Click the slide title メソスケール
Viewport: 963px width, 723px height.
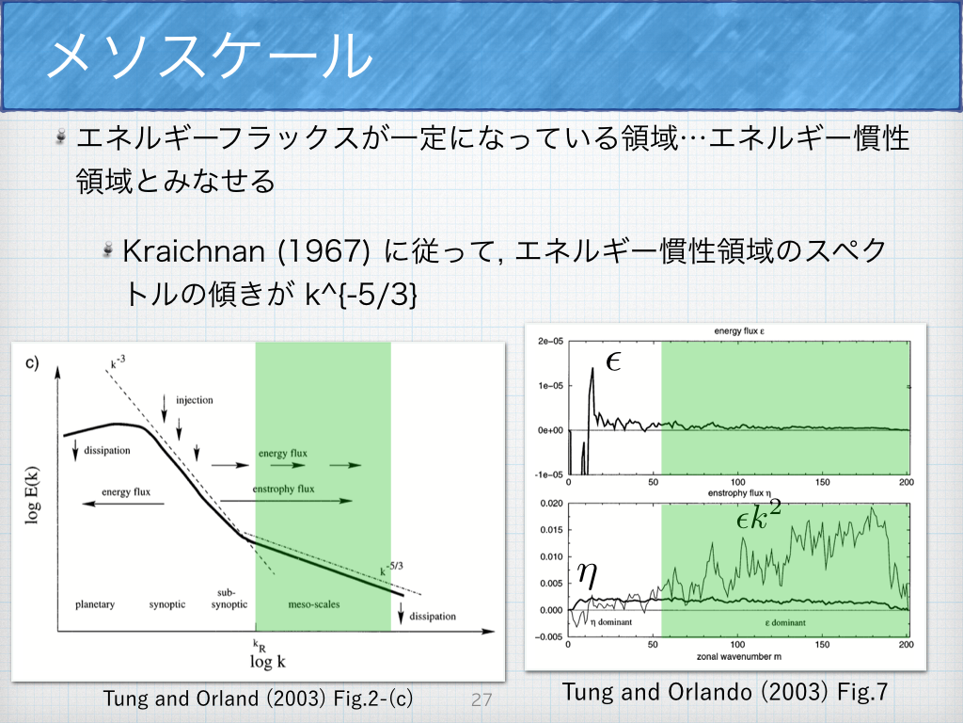point(210,55)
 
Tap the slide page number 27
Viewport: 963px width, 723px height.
point(481,699)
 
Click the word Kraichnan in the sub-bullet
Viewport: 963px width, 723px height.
point(194,250)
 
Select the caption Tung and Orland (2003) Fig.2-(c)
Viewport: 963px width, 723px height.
point(258,699)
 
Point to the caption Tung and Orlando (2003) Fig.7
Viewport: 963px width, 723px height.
point(725,692)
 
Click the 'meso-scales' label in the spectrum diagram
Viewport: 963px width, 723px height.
point(314,604)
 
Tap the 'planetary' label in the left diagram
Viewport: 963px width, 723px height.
point(95,604)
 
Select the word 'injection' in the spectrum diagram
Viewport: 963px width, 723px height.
point(195,400)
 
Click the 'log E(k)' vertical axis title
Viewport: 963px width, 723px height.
point(32,495)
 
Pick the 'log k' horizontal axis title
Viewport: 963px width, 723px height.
point(268,662)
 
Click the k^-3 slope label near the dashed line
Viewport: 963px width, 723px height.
point(118,361)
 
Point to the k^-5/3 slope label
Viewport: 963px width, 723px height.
point(391,569)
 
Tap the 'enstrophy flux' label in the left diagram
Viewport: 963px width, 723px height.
point(283,489)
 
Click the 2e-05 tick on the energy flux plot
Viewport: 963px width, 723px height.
point(550,341)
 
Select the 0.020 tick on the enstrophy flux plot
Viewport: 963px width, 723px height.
point(551,504)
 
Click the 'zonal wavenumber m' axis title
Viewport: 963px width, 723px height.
point(739,656)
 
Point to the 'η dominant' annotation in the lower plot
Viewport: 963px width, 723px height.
point(611,622)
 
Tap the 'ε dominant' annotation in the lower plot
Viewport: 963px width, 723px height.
point(785,623)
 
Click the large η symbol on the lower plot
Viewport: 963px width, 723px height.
point(587,575)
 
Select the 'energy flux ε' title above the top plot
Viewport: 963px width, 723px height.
point(739,330)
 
